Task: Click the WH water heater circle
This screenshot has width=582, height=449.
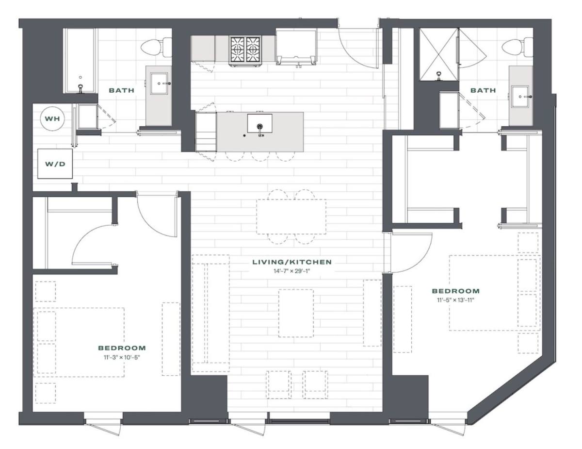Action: coord(52,118)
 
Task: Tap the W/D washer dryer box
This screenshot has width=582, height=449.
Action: coord(55,164)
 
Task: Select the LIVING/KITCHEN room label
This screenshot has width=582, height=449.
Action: coord(292,262)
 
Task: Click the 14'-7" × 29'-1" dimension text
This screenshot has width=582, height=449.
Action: coord(291,271)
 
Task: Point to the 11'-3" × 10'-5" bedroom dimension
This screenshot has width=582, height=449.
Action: coord(122,357)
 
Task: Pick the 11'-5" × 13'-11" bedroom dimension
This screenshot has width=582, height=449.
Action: coord(455,300)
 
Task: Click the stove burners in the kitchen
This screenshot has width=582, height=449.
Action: coord(245,50)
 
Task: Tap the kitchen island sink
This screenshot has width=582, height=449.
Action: coord(259,123)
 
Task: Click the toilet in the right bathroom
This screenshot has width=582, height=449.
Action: coord(517,47)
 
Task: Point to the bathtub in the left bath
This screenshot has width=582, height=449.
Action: coord(81,61)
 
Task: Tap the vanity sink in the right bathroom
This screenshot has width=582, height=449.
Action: coord(520,97)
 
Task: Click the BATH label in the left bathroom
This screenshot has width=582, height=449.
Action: coord(122,90)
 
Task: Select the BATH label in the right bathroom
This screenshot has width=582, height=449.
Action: coord(483,90)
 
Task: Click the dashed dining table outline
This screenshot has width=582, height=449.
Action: coord(291,216)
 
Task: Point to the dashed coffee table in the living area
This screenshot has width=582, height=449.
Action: coord(296,313)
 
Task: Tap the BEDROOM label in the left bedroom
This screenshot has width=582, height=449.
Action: coord(122,348)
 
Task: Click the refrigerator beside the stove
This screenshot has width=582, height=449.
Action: coord(296,47)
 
